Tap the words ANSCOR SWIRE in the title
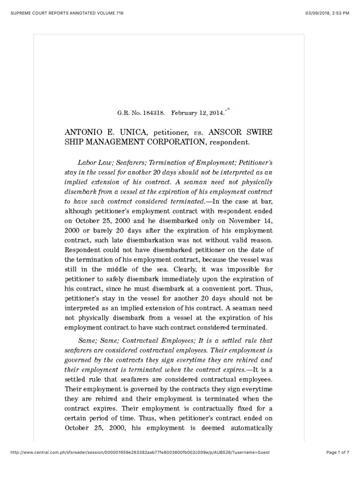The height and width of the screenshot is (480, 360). tap(242, 133)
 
